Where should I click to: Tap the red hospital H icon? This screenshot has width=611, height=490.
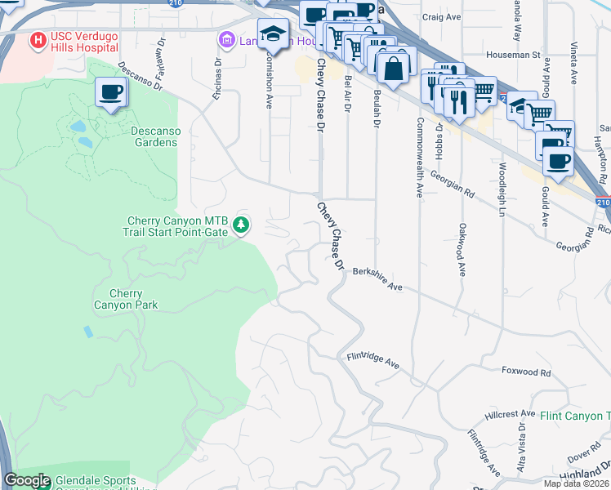click(38, 39)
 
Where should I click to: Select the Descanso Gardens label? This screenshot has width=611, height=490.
click(154, 136)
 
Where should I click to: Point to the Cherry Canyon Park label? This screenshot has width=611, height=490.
click(126, 299)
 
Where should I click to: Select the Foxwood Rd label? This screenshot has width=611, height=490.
click(526, 372)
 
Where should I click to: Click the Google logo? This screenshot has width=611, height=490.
click(27, 481)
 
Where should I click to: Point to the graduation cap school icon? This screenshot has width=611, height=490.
click(273, 33)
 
